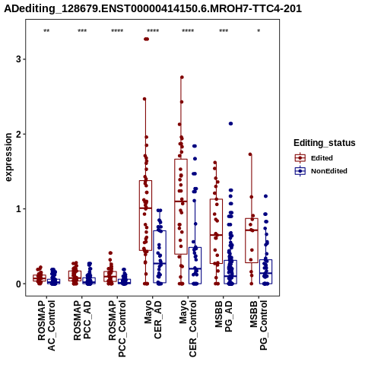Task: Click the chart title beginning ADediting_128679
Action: [x=153, y=8]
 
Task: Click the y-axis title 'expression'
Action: [x=8, y=157]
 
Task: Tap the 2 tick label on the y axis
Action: [x=18, y=134]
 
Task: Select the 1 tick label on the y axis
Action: [x=18, y=209]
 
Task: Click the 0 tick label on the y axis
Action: [x=18, y=284]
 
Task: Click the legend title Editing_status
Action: [x=325, y=143]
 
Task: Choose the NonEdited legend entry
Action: [x=321, y=171]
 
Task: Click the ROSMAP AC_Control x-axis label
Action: [x=46, y=325]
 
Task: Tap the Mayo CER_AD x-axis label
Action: [x=153, y=319]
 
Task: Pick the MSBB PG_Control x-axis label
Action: [x=259, y=325]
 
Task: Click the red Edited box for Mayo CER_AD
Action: [x=145, y=215]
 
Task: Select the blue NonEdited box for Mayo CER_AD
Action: [x=160, y=256]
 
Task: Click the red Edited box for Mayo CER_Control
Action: [x=181, y=207]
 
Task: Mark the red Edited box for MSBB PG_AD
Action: [x=216, y=231]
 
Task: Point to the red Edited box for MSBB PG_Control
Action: [x=252, y=240]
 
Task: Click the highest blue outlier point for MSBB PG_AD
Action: [x=230, y=124]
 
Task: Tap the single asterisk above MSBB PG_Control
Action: [x=259, y=30]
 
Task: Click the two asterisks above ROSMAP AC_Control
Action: [x=46, y=30]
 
